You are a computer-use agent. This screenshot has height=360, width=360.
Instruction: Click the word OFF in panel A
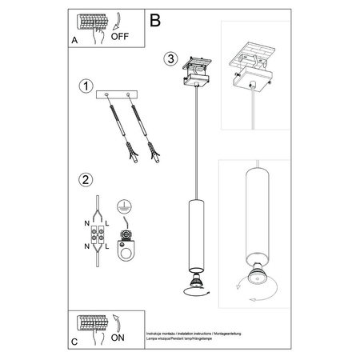click(119, 36)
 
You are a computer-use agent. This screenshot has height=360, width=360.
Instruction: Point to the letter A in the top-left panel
click(74, 37)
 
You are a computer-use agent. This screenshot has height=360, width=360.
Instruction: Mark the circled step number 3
click(170, 58)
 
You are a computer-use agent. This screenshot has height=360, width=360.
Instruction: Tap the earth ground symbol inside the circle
click(124, 205)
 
